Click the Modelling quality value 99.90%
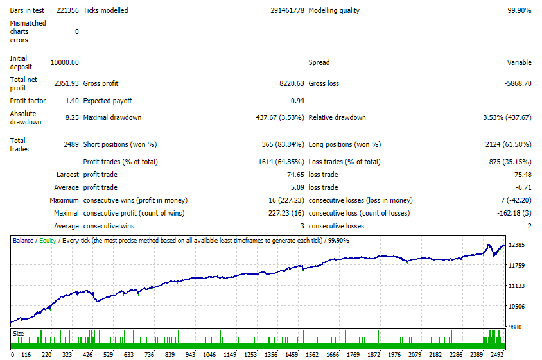519,10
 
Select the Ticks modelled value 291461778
287,10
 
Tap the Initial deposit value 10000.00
65,62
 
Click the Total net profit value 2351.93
66,83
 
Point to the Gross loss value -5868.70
518,83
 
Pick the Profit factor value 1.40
72,101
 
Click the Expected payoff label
107,101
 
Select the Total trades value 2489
71,144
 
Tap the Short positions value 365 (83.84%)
283,144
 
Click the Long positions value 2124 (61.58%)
508,144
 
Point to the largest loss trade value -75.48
521,175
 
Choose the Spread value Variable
519,62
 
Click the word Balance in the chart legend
23,241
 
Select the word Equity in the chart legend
48,241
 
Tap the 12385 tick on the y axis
516,245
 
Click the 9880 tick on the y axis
514,327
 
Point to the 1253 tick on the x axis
250,354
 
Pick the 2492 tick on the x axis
496,354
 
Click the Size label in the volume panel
19,334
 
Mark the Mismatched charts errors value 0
76,32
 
